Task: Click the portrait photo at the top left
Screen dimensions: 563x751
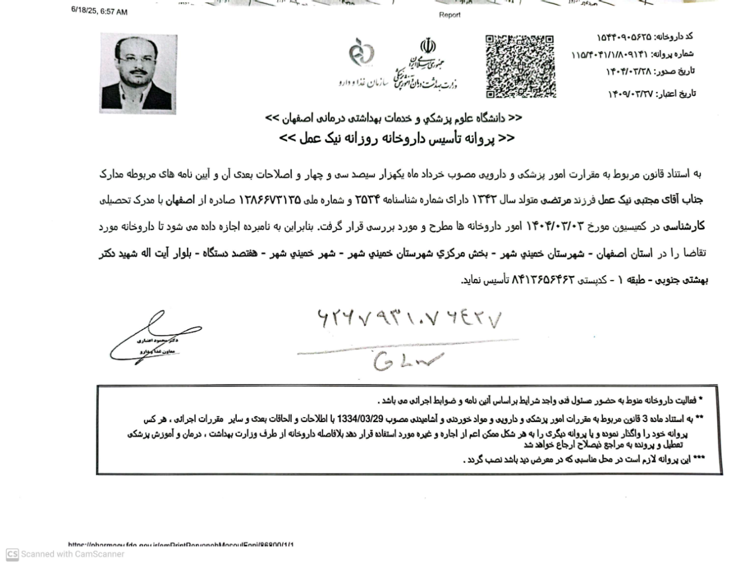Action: point(138,72)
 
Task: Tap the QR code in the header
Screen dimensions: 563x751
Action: point(520,66)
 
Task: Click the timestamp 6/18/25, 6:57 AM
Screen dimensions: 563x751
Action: point(99,12)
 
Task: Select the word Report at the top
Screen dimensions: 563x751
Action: point(449,15)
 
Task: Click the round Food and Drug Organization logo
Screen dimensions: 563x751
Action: point(361,53)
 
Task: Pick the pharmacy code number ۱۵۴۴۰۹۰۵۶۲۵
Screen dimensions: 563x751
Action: point(624,37)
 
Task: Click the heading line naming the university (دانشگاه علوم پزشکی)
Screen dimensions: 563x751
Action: point(394,118)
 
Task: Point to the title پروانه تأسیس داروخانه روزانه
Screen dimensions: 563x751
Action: point(396,139)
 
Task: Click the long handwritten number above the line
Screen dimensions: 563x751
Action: point(409,318)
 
